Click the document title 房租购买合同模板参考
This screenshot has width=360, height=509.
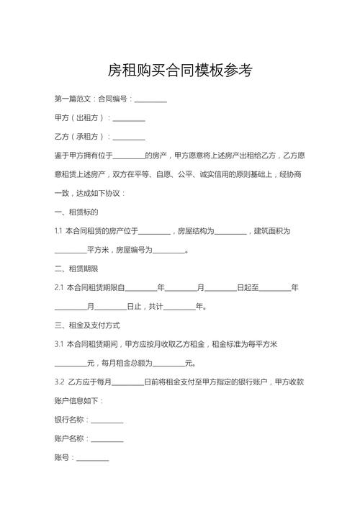(180, 71)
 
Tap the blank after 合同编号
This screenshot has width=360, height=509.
(150, 99)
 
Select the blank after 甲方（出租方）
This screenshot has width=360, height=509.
(129, 117)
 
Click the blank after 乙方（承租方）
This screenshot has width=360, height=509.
(129, 137)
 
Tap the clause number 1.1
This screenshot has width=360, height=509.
(58, 231)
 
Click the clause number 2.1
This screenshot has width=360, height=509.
(58, 288)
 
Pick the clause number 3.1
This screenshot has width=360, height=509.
(59, 344)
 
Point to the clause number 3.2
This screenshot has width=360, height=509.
(59, 382)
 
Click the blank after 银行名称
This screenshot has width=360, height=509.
(107, 420)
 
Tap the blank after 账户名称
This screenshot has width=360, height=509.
(107, 438)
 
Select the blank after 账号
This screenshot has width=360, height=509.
(93, 457)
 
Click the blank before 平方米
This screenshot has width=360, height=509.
(71, 250)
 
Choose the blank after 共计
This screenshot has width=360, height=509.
(180, 307)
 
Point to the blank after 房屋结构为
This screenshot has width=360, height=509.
(230, 231)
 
